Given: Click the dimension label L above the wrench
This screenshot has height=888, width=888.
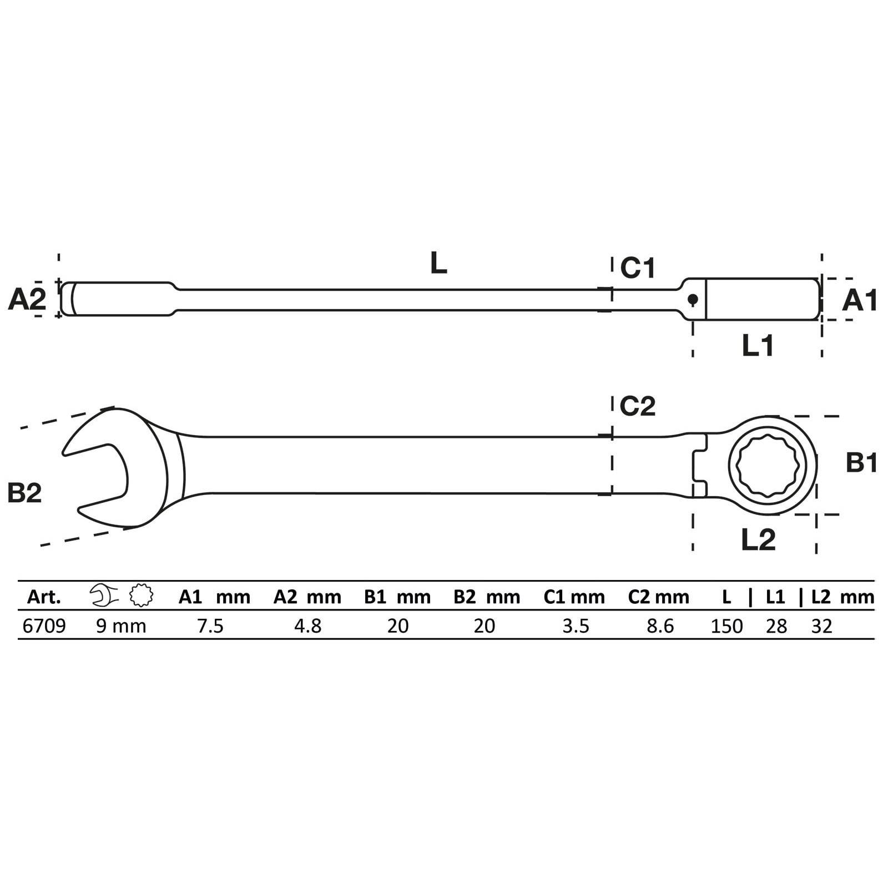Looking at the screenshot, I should tap(438, 263).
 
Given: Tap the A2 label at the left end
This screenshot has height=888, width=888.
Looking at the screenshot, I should tap(27, 300).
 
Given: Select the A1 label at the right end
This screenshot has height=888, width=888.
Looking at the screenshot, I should tap(860, 300).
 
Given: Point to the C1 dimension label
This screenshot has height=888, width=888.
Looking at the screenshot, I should tap(638, 268).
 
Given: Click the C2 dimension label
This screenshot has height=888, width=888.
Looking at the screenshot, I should tap(637, 406).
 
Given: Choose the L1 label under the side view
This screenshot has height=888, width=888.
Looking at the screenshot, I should tap(758, 346).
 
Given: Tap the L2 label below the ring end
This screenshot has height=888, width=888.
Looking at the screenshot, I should tap(758, 539).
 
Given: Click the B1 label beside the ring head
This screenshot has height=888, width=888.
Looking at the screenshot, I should tap(861, 462).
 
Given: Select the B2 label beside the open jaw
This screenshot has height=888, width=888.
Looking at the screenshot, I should tap(24, 492).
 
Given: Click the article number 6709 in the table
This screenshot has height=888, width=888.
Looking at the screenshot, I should tap(44, 626).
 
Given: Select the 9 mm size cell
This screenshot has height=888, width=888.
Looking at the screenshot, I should tap(121, 626).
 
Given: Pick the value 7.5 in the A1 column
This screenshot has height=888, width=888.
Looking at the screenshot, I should tap(210, 626).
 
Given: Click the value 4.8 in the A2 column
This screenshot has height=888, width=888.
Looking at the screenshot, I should tap(307, 626).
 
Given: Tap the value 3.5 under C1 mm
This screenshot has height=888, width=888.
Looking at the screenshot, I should tap(576, 626).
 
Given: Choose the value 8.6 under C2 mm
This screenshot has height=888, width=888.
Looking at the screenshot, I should tap(660, 626).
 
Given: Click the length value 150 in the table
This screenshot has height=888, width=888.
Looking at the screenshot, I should tap(726, 626).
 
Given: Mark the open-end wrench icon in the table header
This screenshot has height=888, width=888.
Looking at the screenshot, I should tap(104, 596).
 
